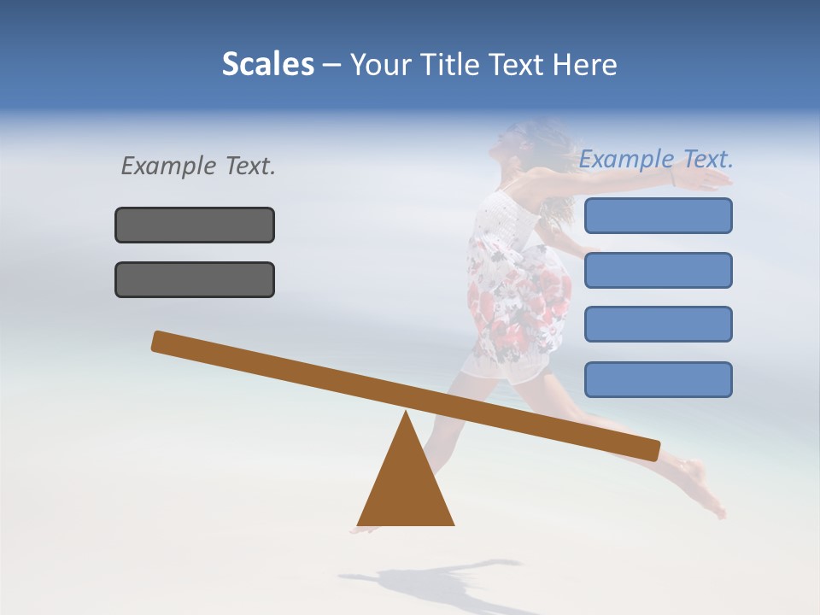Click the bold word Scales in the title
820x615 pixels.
pos(267,64)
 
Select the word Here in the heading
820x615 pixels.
pos(584,64)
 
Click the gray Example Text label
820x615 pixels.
pos(198,166)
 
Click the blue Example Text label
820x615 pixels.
pos(656,159)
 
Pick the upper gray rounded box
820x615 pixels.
pos(195,225)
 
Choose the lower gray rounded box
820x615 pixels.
pos(195,279)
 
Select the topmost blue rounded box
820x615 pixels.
pos(658,215)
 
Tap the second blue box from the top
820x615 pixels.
pos(658,270)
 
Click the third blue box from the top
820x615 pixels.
pos(658,324)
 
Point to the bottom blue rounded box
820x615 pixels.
pos(658,379)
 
